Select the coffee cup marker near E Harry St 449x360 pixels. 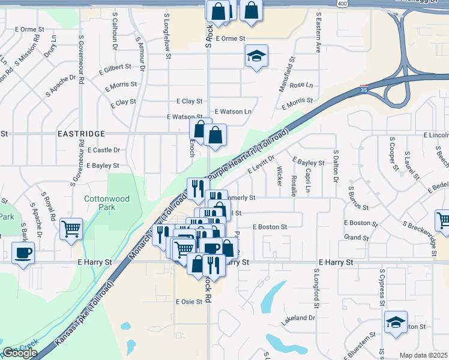click(23, 253)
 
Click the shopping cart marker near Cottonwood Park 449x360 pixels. click(71, 229)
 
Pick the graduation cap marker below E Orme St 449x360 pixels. click(256, 57)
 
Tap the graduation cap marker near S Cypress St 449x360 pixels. click(396, 322)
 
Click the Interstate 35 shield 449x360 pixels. click(364, 89)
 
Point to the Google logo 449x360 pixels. click(20, 353)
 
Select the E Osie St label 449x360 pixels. click(189, 302)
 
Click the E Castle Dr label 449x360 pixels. click(103, 150)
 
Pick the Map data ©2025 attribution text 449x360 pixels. click(424, 355)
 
